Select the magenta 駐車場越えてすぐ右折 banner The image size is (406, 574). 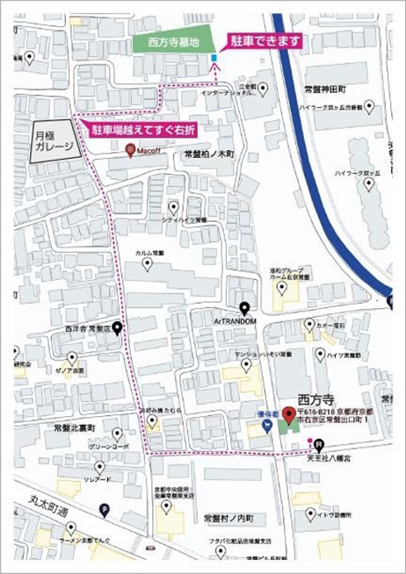point(145,131)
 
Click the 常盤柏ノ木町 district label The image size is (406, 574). point(209,154)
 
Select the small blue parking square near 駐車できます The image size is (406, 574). point(214,60)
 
